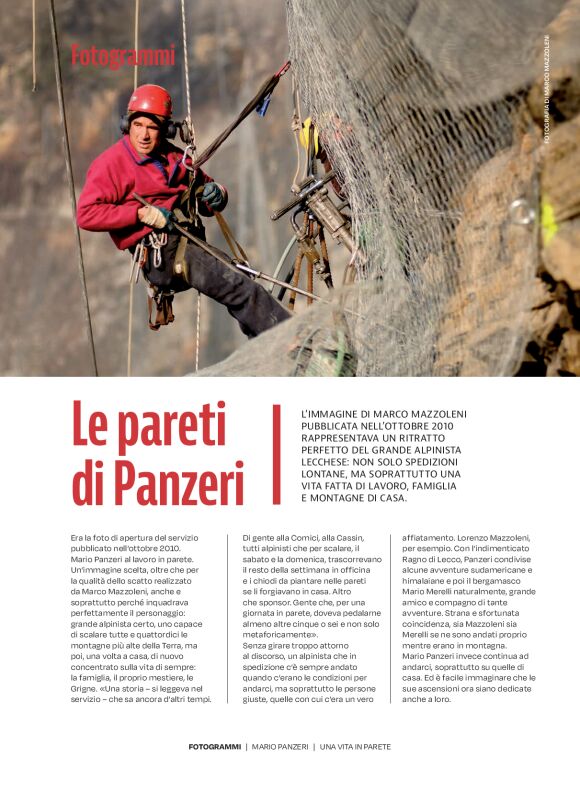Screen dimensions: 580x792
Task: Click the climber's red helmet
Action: click(x=150, y=100)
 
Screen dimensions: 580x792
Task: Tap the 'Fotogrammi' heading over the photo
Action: click(x=122, y=56)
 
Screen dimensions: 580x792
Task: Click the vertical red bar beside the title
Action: click(x=277, y=454)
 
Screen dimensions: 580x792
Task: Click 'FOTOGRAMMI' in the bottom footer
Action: click(x=214, y=746)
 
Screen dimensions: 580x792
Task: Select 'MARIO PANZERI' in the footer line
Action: click(x=280, y=746)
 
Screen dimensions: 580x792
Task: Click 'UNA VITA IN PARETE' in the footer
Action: click(x=355, y=746)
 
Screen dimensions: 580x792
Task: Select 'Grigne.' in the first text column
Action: click(x=89, y=671)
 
